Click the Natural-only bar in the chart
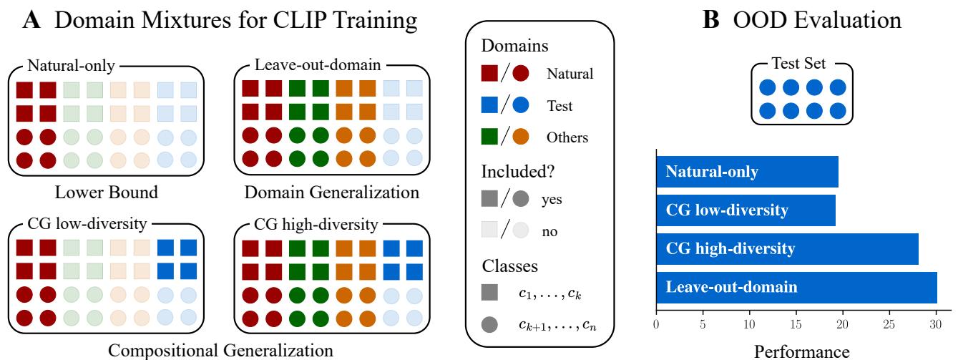(x=747, y=172)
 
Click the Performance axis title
(x=803, y=351)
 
